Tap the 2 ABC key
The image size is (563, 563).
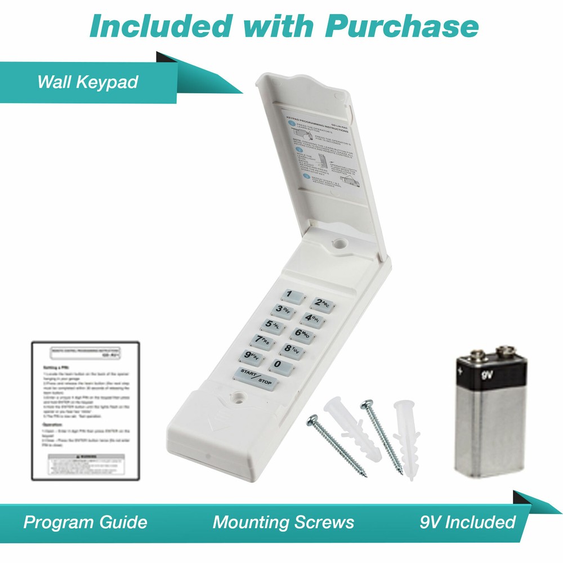tap(321, 305)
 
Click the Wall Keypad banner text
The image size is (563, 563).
tap(87, 82)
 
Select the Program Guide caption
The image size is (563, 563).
tap(85, 522)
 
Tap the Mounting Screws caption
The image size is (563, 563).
tap(283, 522)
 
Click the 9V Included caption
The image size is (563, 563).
tap(467, 522)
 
